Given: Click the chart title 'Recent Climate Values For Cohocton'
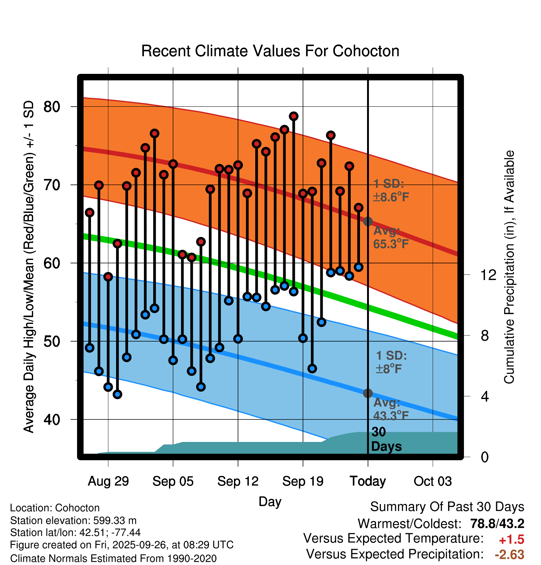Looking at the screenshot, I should [270, 51].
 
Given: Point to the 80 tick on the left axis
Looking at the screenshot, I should [52, 107].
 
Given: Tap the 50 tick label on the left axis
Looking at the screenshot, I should [52, 342].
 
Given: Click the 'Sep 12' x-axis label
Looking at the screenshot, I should [238, 481].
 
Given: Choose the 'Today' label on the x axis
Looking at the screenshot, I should [368, 481].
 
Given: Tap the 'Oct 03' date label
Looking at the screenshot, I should [433, 481].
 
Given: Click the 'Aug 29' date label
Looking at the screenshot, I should [108, 481].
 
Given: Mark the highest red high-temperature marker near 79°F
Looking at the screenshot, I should [294, 116].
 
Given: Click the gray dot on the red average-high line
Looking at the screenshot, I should [368, 221].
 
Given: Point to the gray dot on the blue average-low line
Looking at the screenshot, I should [368, 393].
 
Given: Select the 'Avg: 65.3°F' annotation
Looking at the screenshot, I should [391, 237].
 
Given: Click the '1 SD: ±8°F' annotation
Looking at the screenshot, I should [391, 362].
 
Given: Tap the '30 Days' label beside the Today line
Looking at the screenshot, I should [386, 439].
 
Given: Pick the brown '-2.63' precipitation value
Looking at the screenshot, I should [509, 554].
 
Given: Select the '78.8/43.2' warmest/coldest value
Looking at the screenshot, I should [497, 524].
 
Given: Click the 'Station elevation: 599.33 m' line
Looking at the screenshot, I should [73, 520].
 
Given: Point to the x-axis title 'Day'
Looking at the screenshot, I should [270, 501].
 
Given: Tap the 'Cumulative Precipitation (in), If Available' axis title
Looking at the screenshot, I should [509, 267].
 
